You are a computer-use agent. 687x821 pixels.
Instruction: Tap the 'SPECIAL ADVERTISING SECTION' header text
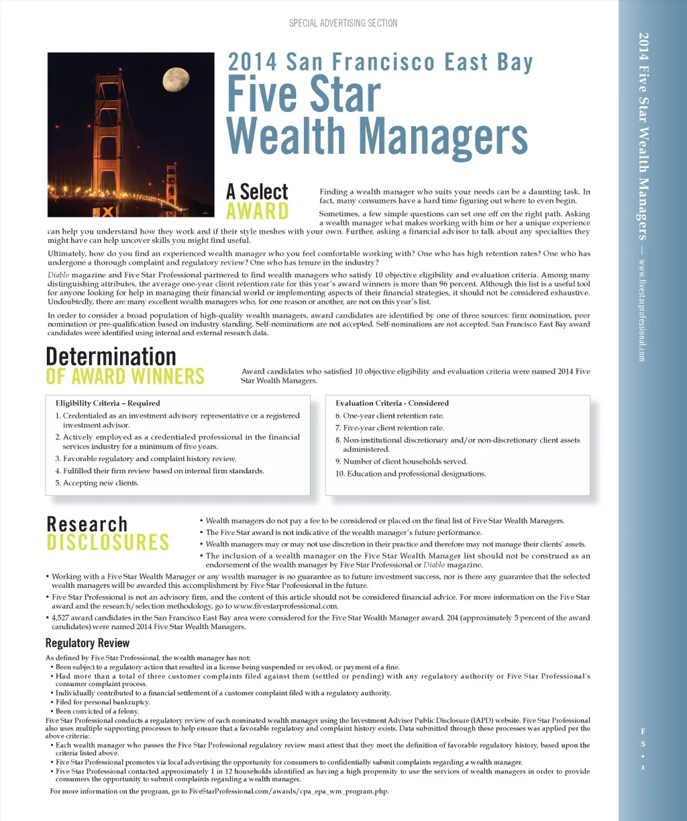[x=343, y=23]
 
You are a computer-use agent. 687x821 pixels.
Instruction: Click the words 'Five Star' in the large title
[x=304, y=95]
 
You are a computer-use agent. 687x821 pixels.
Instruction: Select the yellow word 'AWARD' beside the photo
[x=257, y=211]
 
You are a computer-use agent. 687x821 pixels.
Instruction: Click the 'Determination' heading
[x=111, y=356]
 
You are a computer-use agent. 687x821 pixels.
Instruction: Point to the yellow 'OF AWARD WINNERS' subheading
[x=125, y=377]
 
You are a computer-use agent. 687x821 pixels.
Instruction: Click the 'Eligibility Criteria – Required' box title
[x=108, y=403]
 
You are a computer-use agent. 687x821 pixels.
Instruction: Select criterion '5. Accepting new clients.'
[x=97, y=483]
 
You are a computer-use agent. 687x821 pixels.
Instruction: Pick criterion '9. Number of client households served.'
[x=401, y=462]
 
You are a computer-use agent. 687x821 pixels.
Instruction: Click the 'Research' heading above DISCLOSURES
[x=87, y=524]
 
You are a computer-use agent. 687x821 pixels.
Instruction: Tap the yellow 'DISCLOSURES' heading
[x=107, y=542]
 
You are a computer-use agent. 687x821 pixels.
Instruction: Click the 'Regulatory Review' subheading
[x=87, y=643]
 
